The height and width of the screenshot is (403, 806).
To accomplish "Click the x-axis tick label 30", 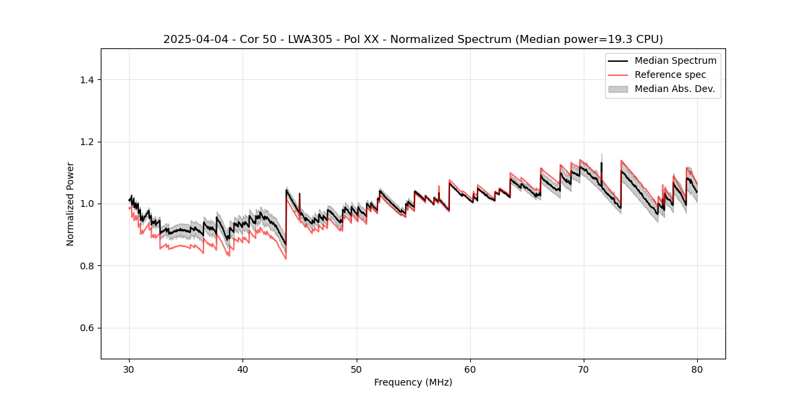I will tap(130, 369).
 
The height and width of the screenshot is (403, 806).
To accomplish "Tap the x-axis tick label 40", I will tap(243, 369).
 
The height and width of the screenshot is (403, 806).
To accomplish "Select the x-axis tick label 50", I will tap(357, 369).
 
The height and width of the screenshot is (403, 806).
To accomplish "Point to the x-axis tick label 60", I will tap(470, 369).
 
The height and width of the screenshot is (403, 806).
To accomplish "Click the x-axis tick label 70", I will tap(584, 369).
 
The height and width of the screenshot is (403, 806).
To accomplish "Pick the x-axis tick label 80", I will tap(697, 369).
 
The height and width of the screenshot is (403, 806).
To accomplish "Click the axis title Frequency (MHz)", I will tap(413, 382).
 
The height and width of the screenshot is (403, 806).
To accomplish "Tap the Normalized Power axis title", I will tap(71, 204).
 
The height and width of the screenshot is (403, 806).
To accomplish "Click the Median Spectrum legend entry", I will tap(675, 60).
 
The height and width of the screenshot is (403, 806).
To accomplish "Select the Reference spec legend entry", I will tap(670, 75).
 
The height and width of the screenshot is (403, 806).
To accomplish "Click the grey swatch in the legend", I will tap(618, 89).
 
